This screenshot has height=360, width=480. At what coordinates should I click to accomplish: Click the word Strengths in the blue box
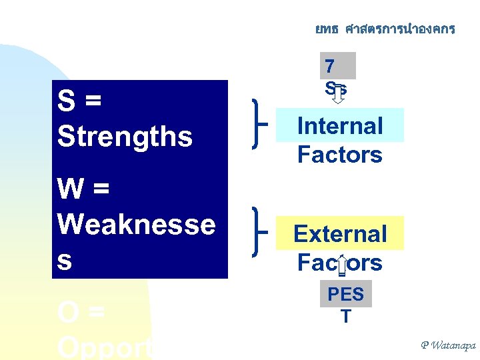[x=125, y=136]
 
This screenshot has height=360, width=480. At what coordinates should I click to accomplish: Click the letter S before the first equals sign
[x=66, y=102]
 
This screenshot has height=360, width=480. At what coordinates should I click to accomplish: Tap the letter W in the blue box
[x=70, y=189]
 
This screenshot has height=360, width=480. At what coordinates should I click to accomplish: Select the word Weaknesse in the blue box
[x=136, y=225]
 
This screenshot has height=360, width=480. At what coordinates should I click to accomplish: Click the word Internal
[x=339, y=125]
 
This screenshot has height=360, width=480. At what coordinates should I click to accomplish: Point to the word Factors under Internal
[x=339, y=155]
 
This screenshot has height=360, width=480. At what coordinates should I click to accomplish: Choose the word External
[x=339, y=234]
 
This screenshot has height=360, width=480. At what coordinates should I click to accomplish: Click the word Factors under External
[x=339, y=263]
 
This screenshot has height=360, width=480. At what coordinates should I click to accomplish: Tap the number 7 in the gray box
[x=329, y=66]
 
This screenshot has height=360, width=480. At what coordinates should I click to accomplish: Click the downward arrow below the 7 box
[x=338, y=96]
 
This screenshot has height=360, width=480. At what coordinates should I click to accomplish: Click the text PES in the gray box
[x=345, y=294]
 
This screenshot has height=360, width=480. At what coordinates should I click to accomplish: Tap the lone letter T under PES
[x=345, y=317]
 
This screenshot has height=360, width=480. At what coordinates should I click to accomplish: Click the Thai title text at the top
[x=385, y=29]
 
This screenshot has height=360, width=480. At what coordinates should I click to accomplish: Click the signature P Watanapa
[x=448, y=345]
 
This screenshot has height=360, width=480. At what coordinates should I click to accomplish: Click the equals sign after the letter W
[x=99, y=189]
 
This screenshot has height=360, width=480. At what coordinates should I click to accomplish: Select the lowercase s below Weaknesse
[x=65, y=261]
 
